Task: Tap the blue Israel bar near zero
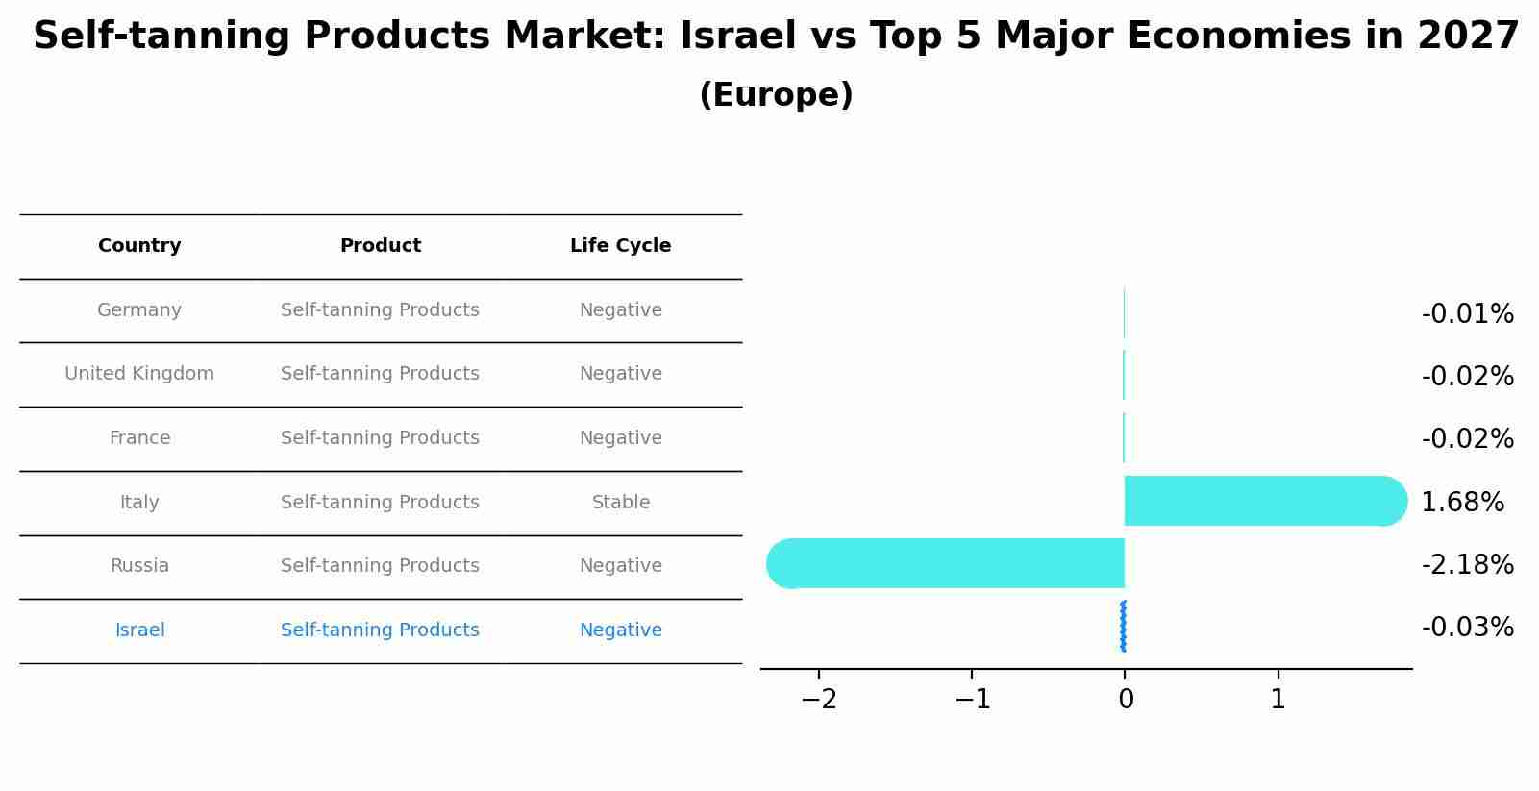pos(1123,627)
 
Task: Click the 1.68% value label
pos(1462,502)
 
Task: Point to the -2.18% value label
pos(1467,564)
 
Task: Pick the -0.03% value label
pos(1467,628)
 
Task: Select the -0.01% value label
pos(1467,314)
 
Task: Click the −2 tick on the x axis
pos(819,700)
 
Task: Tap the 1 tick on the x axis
pos(1278,700)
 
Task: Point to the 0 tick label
pos(1126,700)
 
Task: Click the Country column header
pos(139,246)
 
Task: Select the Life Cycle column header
pos(620,246)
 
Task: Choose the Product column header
pos(380,246)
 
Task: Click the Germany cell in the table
pos(139,310)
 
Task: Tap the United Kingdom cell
pos(139,374)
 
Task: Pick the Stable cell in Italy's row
pos(620,503)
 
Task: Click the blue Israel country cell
pos(139,630)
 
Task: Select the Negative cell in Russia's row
pos(620,566)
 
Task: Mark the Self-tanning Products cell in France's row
pos(380,438)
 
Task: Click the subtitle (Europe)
pos(776,95)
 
